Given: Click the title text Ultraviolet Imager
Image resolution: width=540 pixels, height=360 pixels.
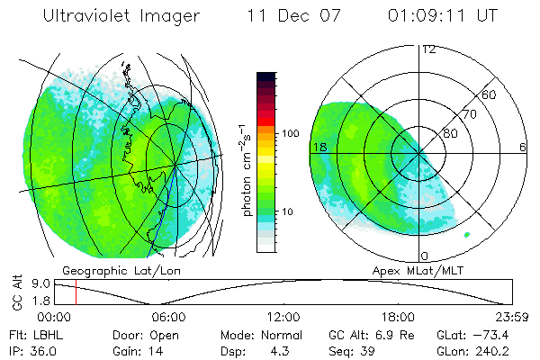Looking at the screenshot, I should [x=127, y=17].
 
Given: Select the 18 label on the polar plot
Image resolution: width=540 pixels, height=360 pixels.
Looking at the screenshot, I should [x=318, y=146].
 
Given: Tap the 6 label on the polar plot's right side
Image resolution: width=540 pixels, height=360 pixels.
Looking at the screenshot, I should [x=523, y=146].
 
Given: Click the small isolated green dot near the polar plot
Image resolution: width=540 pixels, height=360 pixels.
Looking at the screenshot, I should [x=467, y=234].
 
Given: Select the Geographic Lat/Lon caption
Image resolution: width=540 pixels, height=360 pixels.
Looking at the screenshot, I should [x=108, y=270].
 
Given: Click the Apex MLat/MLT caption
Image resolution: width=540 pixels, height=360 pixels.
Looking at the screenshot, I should [x=410, y=270].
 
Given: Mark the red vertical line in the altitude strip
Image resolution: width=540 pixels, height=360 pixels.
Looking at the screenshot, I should [x=76, y=292].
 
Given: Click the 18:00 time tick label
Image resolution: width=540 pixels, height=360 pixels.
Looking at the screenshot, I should [x=398, y=317].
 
